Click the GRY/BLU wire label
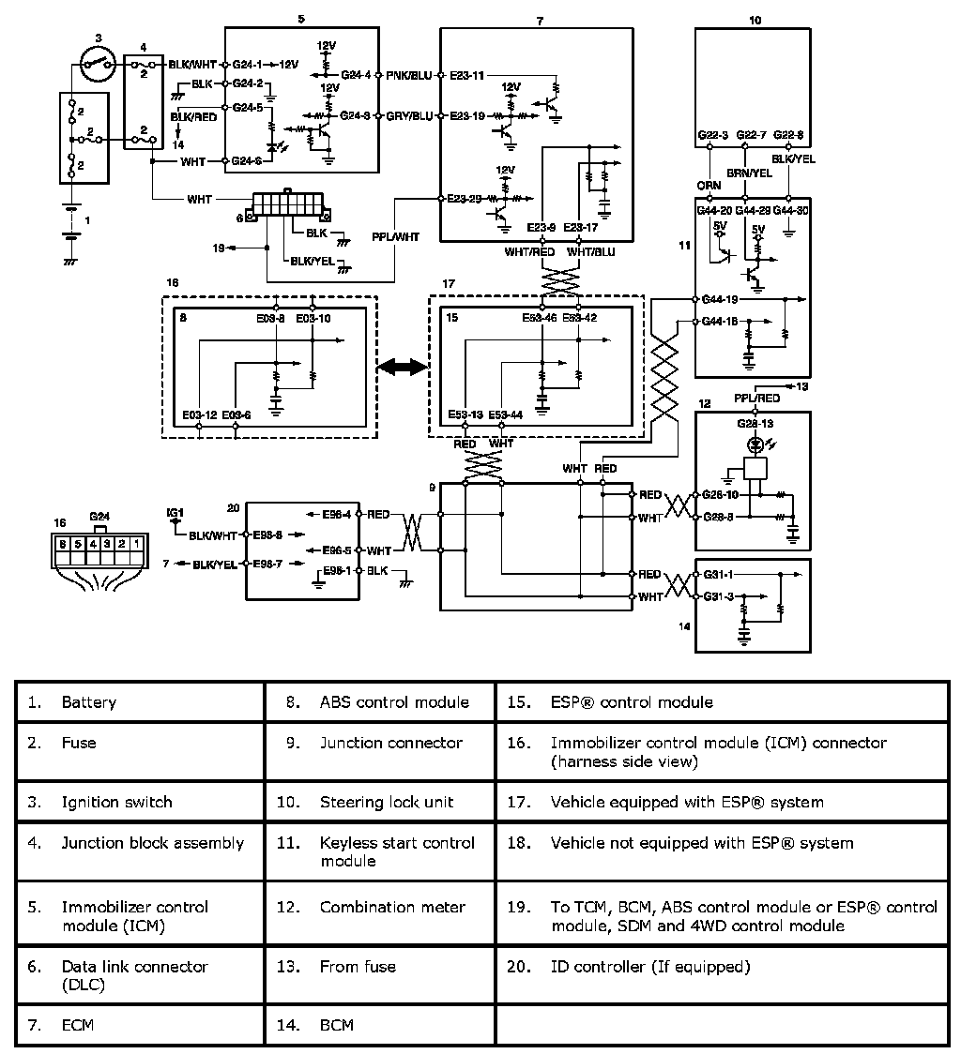pos(409,116)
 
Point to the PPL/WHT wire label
pos(394,237)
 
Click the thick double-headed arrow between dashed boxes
pos(403,369)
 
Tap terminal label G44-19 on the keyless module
pos(721,300)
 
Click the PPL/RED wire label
pos(756,398)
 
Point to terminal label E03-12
pos(200,414)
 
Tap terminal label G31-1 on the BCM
pos(719,574)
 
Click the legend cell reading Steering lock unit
pos(386,802)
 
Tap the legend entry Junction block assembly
pos(152,842)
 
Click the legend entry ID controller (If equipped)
pos(649,966)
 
